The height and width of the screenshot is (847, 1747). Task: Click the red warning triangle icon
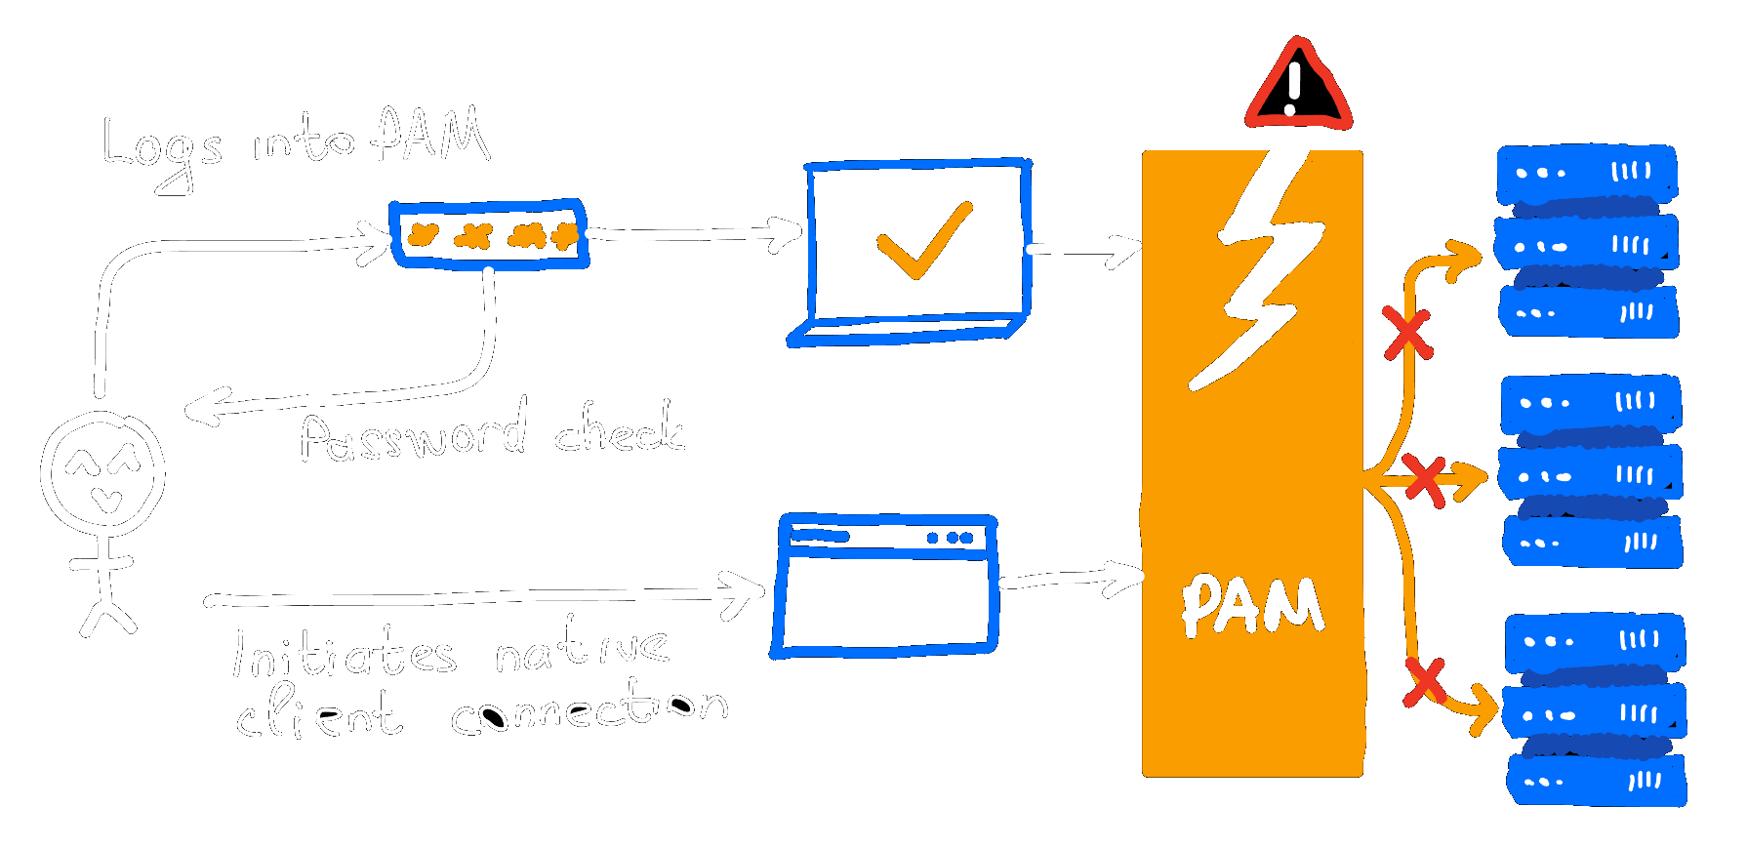(1298, 88)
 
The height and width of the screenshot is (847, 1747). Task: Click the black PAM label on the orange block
(1252, 606)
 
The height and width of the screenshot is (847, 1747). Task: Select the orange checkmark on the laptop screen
(923, 240)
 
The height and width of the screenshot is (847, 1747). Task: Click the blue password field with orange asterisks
(489, 234)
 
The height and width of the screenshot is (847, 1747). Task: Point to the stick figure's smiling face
(102, 473)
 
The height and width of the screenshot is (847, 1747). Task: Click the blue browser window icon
(885, 585)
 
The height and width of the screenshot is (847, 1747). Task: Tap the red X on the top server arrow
(1406, 334)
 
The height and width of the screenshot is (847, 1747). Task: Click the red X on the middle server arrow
(1425, 480)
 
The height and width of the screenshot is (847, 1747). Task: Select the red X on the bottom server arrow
(1424, 682)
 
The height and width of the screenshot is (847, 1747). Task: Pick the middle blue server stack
(1592, 471)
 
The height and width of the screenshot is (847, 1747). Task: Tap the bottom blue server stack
(1596, 709)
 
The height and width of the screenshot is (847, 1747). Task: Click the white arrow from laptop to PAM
(1083, 250)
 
